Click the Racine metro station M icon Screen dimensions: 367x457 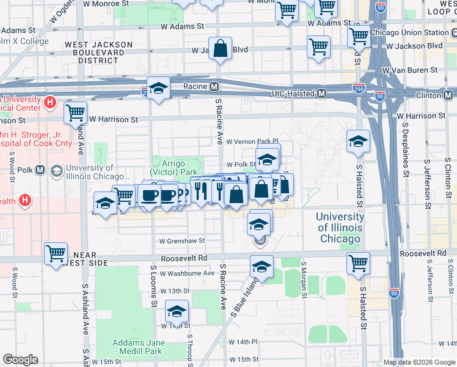(214, 86)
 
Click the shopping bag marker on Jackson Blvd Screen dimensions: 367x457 (220, 48)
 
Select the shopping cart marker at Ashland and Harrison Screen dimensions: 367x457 (75, 112)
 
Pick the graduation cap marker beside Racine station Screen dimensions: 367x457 (158, 89)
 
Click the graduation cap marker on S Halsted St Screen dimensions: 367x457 (358, 141)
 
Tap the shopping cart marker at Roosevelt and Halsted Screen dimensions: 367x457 (358, 263)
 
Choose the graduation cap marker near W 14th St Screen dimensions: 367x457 (177, 312)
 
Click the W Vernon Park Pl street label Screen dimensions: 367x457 (252, 141)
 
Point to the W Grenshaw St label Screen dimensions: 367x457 (182, 241)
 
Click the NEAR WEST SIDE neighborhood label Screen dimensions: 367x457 (92, 259)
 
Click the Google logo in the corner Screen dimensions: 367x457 (20, 359)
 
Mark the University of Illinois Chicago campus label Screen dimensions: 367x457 (340, 227)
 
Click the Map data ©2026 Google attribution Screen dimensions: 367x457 (418, 362)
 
